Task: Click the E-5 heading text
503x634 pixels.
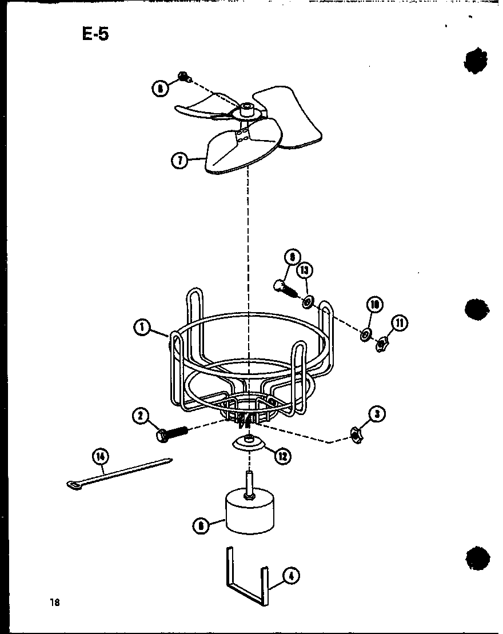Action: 95,35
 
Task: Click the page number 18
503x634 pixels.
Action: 54,602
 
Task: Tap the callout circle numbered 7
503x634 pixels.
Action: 179,161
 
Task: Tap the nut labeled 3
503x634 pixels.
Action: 357,436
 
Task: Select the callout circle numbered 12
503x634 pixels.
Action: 283,456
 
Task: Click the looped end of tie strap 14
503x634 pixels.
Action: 73,486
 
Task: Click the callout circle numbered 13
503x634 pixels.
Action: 305,270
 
